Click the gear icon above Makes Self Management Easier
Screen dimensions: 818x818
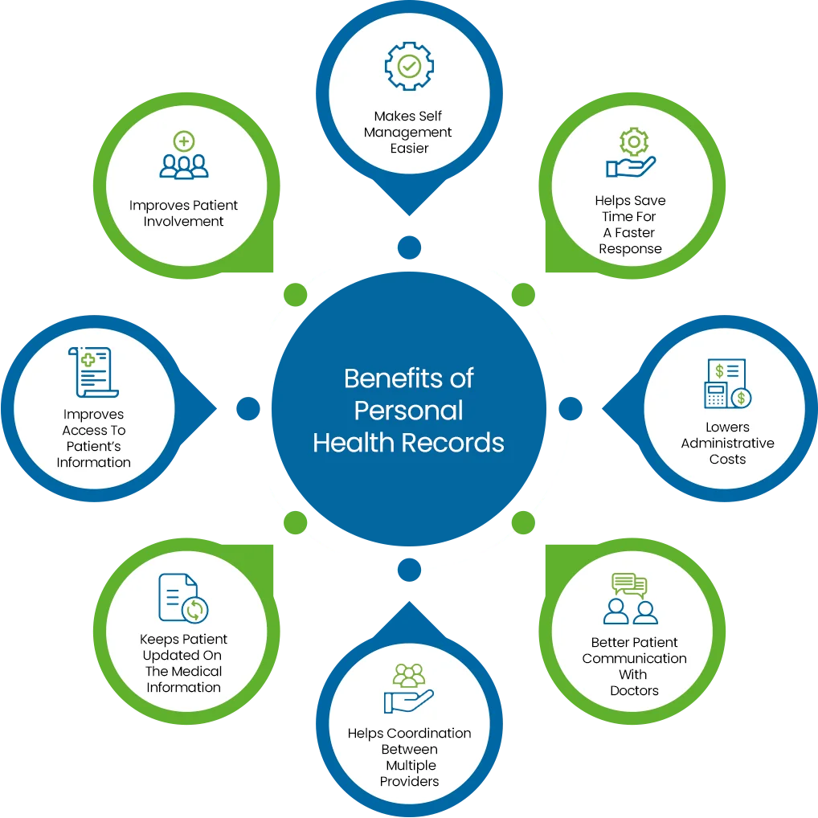click(409, 66)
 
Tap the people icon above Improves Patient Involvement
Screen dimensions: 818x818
click(184, 157)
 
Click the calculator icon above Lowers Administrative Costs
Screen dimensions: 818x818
click(726, 383)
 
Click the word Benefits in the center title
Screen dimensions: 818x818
click(408, 378)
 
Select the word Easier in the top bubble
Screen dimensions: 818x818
click(409, 149)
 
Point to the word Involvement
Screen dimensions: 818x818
click(184, 222)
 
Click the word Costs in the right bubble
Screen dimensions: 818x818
click(727, 460)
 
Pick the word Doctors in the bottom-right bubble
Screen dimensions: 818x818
click(634, 691)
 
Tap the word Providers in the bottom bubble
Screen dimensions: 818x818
click(409, 782)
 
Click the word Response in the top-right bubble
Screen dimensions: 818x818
click(630, 249)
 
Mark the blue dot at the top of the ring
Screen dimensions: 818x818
click(409, 247)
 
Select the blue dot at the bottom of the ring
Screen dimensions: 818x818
click(409, 571)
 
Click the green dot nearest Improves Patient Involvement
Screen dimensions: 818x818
click(296, 295)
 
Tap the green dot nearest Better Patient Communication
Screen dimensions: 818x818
click(523, 523)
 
